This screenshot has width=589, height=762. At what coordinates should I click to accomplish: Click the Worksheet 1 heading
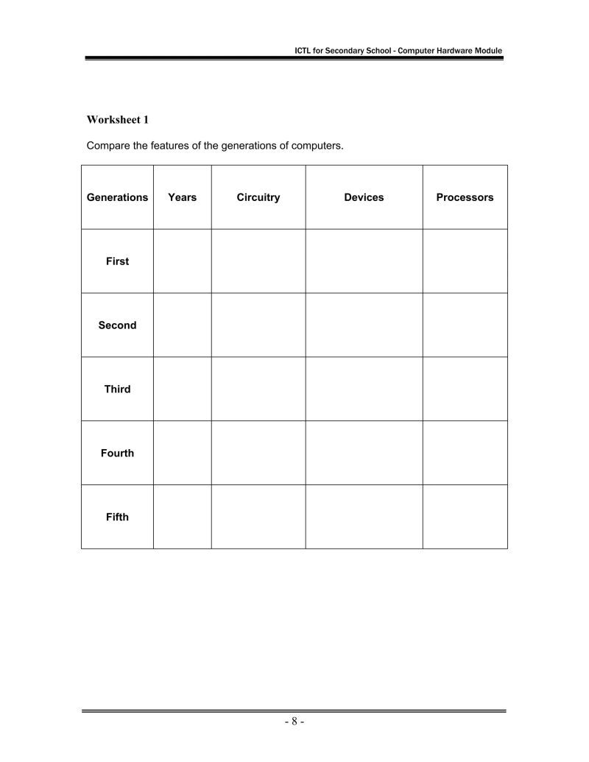tap(118, 119)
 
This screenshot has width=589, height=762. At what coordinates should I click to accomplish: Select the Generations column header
tap(117, 197)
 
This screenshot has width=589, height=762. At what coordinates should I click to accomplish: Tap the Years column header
tap(183, 197)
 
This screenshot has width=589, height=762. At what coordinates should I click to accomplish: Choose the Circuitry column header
tap(258, 197)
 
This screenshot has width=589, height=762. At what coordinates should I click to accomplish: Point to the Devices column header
tap(364, 197)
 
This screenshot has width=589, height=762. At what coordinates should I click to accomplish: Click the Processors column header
tap(465, 197)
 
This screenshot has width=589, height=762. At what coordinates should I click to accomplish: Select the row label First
tap(117, 261)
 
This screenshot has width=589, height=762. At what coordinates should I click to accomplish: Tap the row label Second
tap(117, 325)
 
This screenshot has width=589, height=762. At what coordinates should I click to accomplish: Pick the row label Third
tap(117, 389)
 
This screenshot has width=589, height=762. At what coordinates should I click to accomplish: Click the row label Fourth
tap(117, 454)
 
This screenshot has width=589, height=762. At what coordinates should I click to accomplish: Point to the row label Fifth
tap(117, 517)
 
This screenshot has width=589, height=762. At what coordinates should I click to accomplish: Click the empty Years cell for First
tap(183, 261)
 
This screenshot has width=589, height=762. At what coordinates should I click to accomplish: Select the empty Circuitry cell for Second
tap(258, 325)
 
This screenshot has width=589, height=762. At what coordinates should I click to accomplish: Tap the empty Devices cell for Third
tap(364, 389)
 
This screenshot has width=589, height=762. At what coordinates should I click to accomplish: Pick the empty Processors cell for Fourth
tap(465, 454)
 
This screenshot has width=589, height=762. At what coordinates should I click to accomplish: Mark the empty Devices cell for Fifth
tap(364, 517)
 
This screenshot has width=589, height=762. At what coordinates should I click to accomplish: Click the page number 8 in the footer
tap(294, 722)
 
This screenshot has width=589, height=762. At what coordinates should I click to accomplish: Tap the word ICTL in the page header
tap(303, 51)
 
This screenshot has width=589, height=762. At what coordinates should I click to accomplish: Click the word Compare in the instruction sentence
tap(108, 146)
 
